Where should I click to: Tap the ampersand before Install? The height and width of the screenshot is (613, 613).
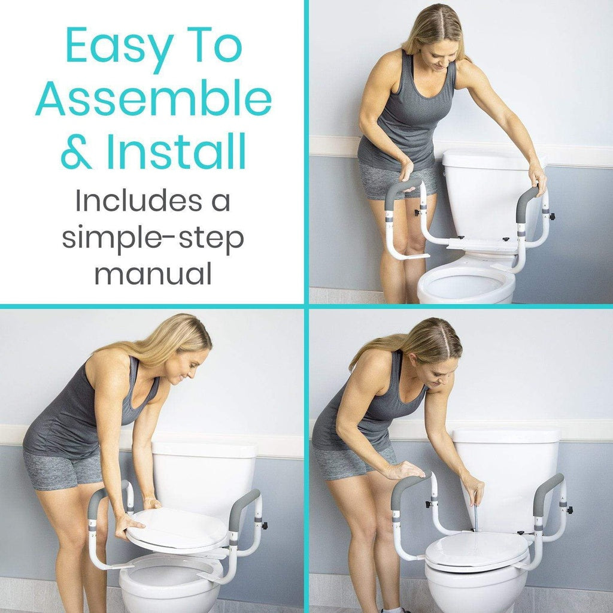[77, 153]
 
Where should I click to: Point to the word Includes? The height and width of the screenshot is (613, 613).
[152, 201]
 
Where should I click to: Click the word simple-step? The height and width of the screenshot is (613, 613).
[153, 238]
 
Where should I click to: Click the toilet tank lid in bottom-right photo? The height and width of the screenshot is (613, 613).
[506, 435]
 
